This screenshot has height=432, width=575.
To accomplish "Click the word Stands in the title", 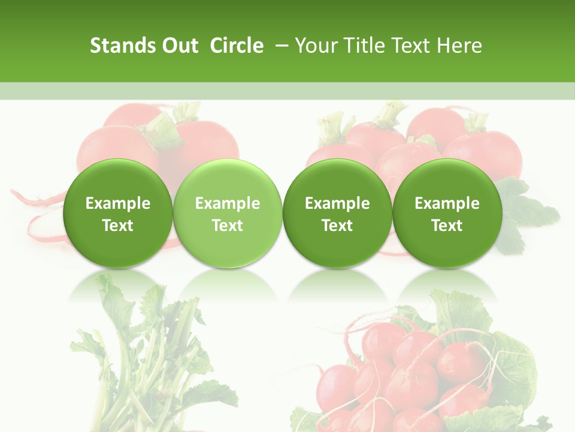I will click(122, 46).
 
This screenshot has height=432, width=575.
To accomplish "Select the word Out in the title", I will click(178, 46).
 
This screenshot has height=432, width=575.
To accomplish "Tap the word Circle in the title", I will click(237, 46).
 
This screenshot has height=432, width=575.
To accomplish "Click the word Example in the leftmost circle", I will click(117, 203).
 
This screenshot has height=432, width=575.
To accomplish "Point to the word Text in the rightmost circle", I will click(447, 226).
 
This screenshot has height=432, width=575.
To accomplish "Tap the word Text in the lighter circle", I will click(228, 226).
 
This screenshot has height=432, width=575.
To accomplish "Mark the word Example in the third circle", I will click(337, 203).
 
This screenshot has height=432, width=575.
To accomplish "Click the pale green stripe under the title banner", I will click(287, 91).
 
